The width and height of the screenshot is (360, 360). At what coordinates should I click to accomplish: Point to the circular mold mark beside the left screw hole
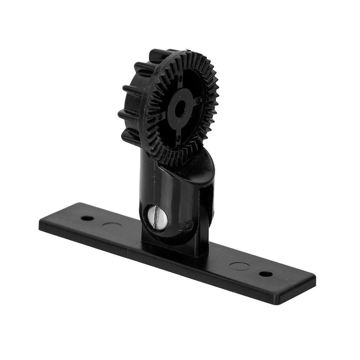point(112,226)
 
